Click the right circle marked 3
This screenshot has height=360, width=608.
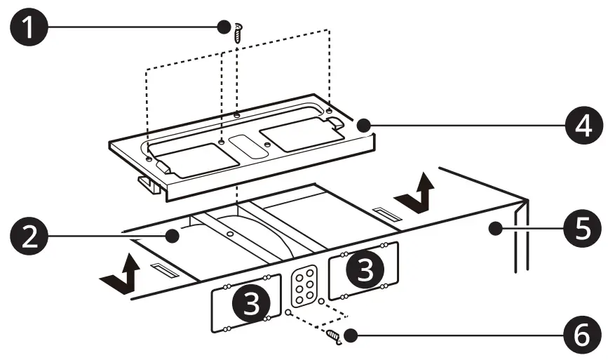[x=364, y=271]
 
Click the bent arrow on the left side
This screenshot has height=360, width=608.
[x=125, y=276]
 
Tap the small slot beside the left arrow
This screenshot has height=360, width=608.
[x=161, y=270]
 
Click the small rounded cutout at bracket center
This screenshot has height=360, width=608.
[x=243, y=145]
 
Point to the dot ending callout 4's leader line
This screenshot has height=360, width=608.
[x=362, y=126]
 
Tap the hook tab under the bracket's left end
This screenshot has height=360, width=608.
[x=148, y=185]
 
